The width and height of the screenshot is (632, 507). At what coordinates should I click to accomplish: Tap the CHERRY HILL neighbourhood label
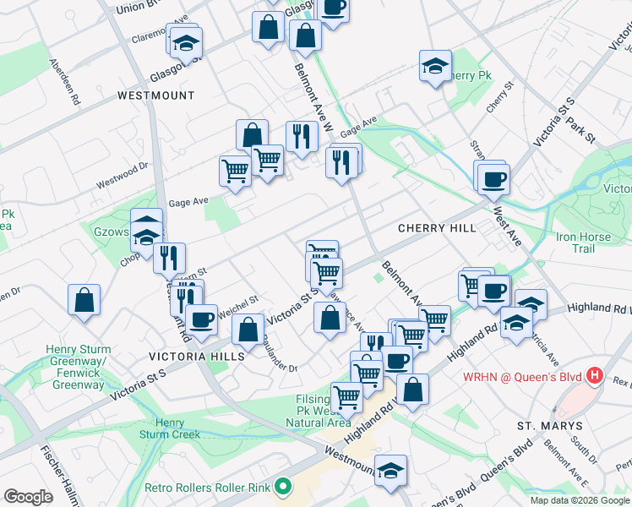coord(437,228)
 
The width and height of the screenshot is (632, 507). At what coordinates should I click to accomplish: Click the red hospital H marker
coord(596,374)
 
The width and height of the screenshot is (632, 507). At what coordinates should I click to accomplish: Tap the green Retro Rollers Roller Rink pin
coord(284,488)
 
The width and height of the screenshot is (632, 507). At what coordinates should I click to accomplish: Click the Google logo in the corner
coord(27,497)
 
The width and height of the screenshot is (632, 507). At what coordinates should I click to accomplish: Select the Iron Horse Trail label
coord(582,243)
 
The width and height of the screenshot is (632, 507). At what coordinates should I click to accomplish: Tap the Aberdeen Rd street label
coord(64,82)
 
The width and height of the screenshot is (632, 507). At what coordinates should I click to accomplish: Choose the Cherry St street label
coord(500,98)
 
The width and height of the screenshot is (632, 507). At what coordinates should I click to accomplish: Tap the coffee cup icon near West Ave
coord(493,179)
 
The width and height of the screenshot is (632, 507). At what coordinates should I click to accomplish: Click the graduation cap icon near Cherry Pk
coord(435,66)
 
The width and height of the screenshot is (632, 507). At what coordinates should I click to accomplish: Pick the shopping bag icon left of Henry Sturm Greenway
coord(84,300)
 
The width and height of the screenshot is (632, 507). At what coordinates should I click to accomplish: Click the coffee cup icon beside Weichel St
coord(202,319)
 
